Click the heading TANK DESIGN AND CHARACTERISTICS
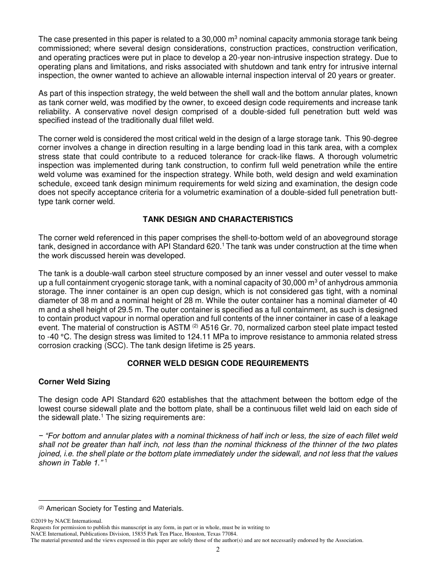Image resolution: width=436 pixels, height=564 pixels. [218, 219]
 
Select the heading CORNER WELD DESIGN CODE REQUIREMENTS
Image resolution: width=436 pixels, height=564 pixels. [218, 363]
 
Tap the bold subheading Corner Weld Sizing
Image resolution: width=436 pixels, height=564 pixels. [74, 382]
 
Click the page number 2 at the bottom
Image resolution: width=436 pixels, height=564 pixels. [218, 550]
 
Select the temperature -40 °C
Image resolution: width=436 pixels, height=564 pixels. [55, 337]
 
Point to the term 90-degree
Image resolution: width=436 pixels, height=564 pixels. [380, 138]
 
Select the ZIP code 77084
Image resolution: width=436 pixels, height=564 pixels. [229, 534]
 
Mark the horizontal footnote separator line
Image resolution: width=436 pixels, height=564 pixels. [89, 500]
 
